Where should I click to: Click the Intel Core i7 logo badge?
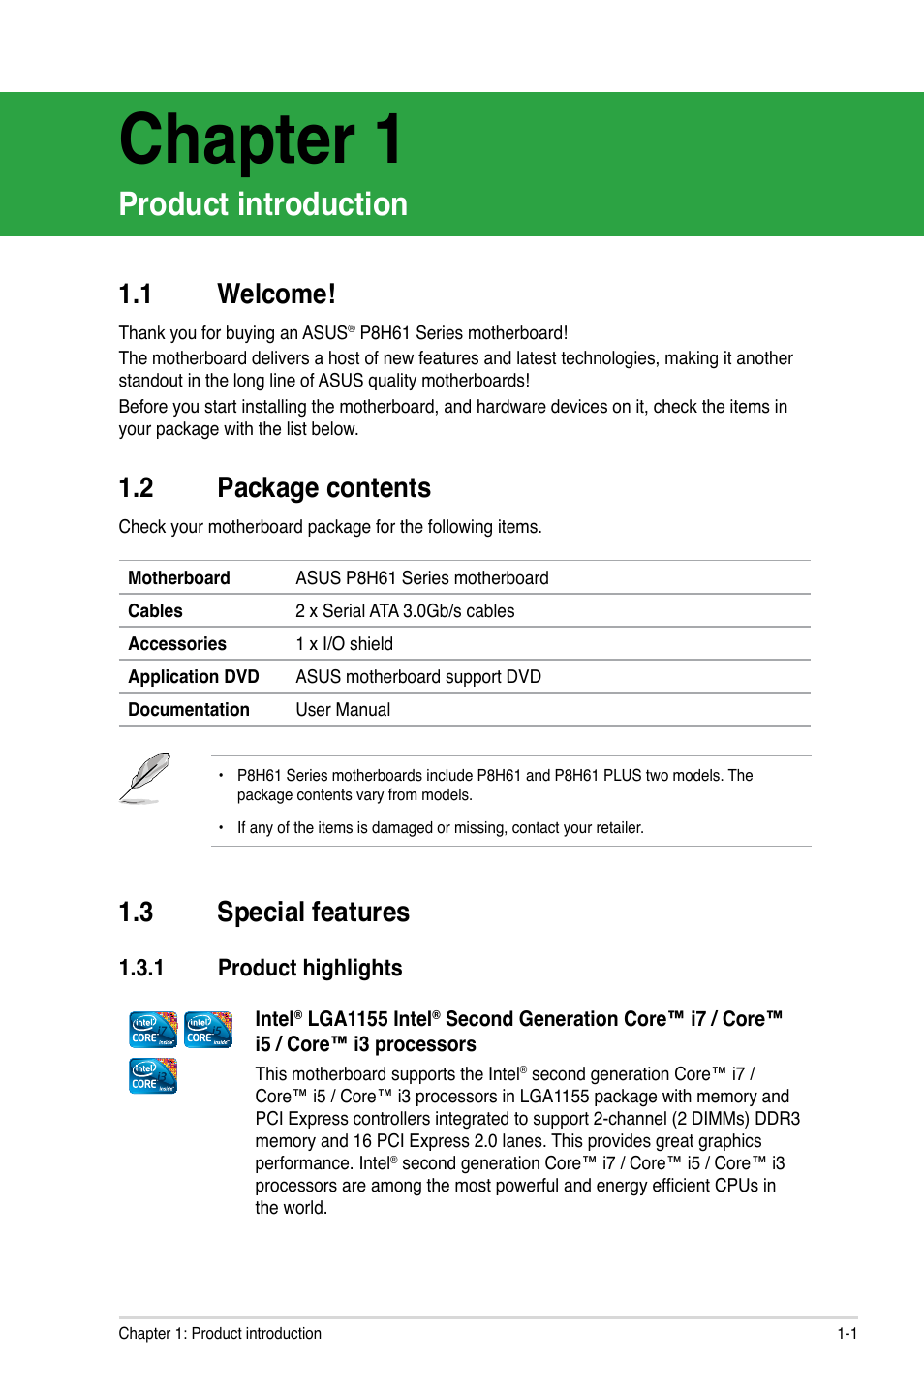tap(153, 1029)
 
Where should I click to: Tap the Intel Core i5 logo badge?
tap(208, 1029)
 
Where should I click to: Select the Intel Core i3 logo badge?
tap(153, 1075)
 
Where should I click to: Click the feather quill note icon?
tap(145, 778)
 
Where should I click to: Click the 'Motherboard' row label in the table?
tap(178, 578)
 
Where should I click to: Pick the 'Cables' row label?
tap(155, 611)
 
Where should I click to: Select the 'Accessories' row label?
tap(176, 644)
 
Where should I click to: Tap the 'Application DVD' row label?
tap(193, 677)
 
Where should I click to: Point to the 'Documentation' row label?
tap(188, 710)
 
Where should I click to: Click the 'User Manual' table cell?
tap(343, 710)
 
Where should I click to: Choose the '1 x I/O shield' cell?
tap(344, 644)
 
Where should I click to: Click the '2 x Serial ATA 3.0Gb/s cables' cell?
tap(405, 611)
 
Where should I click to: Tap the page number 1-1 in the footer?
tap(847, 1334)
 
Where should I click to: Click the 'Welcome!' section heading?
tap(276, 294)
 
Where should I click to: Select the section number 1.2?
tap(136, 488)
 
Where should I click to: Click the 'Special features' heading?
tap(313, 913)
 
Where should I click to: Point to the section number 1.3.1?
tap(141, 969)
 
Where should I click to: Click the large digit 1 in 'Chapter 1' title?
tap(387, 140)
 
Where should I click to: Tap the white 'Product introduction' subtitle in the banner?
tap(262, 204)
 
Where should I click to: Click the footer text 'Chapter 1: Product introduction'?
tap(220, 1334)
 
